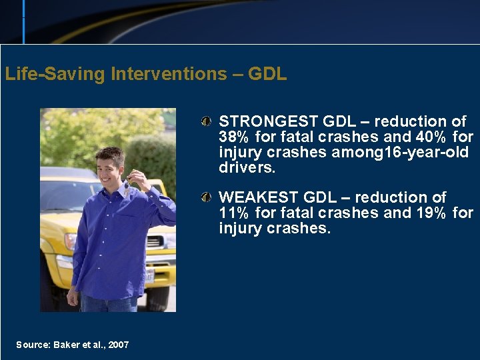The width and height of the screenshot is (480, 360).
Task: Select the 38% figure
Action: click(233, 137)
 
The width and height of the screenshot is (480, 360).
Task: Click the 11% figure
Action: click(233, 213)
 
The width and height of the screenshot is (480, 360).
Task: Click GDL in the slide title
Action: click(267, 74)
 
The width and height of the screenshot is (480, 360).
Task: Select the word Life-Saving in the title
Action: click(55, 74)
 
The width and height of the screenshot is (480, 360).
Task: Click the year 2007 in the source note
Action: click(119, 345)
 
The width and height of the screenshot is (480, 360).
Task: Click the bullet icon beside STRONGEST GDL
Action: click(209, 122)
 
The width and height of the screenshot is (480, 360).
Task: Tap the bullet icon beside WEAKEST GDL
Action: click(209, 198)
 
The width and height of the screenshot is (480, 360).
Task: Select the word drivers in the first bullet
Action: click(246, 168)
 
